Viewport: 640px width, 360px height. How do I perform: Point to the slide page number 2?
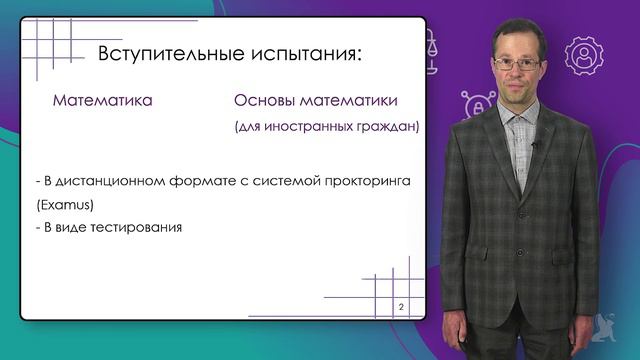401,305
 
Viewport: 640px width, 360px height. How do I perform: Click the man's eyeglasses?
517,64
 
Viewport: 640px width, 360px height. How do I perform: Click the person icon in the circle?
582,56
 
